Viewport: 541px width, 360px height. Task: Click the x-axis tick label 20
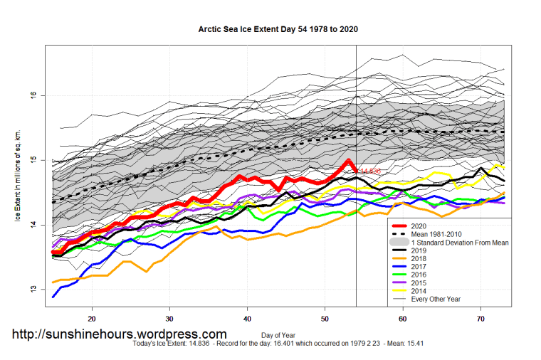pyautogui.click(x=92, y=319)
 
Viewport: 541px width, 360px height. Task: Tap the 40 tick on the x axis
pyautogui.click(x=247, y=319)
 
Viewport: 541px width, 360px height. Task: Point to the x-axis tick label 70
pyautogui.click(x=480, y=319)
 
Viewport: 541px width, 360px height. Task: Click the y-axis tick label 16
pyautogui.click(x=32, y=95)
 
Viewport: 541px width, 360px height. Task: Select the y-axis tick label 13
pyautogui.click(x=32, y=290)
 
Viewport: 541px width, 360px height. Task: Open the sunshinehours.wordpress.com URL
pyautogui.click(x=120, y=334)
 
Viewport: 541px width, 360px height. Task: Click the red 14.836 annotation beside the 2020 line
pyautogui.click(x=370, y=171)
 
